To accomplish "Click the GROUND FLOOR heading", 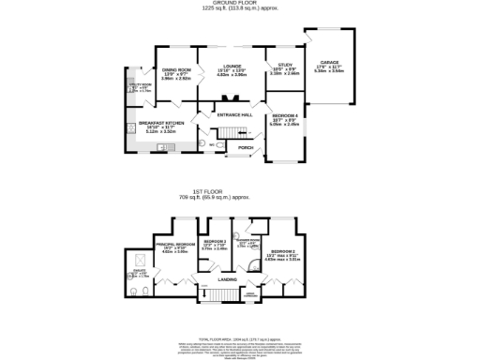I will pos(240,3).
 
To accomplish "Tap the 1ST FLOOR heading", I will pos(241,193).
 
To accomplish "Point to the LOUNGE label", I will pos(232,66).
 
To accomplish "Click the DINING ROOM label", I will pos(176,71).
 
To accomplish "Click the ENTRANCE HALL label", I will pos(235,114).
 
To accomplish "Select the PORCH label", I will pos(245,147).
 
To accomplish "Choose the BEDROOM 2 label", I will pos(284,252).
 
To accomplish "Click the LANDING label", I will pos(227,279).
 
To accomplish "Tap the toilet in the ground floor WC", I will pos(217,146).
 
